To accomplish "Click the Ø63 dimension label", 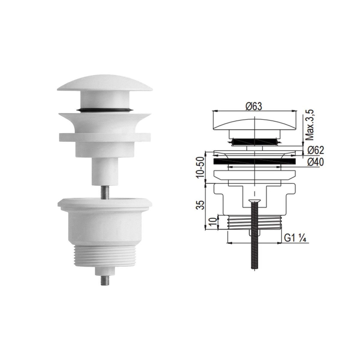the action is [x=254, y=106].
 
